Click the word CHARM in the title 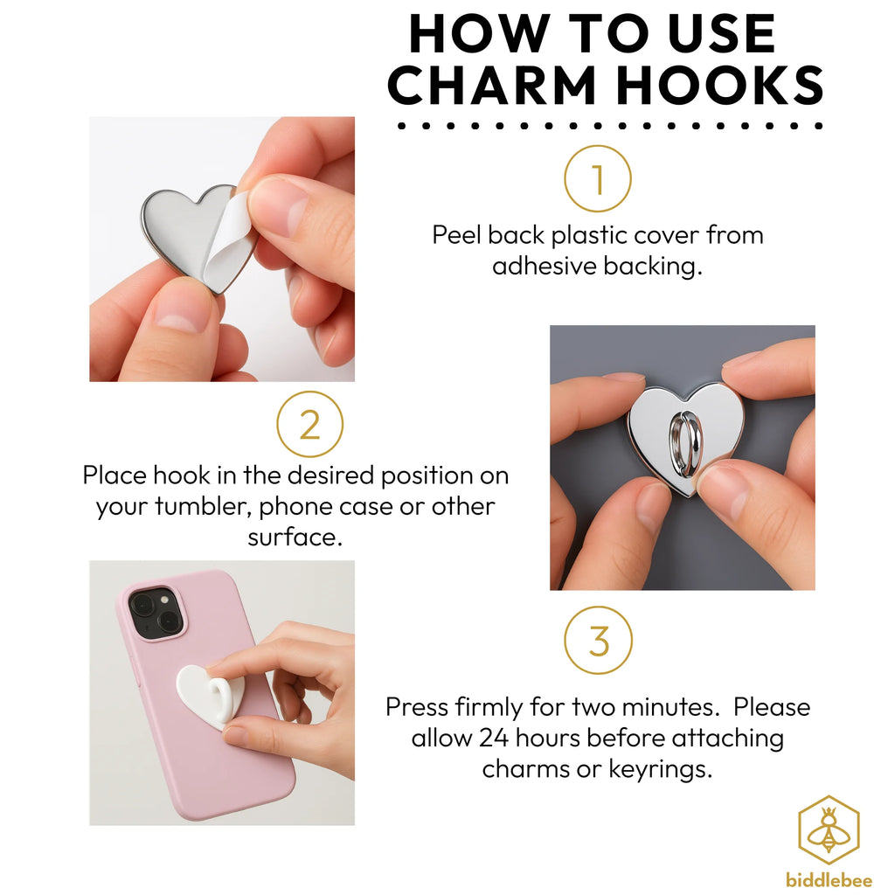(493, 85)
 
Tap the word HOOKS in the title (720, 85)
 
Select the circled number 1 (598, 178)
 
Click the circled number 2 (310, 424)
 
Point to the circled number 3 (598, 640)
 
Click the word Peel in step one (456, 235)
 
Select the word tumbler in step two (203, 506)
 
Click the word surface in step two (295, 538)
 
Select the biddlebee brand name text (829, 879)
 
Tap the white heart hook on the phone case (210, 696)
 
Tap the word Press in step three (416, 707)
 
